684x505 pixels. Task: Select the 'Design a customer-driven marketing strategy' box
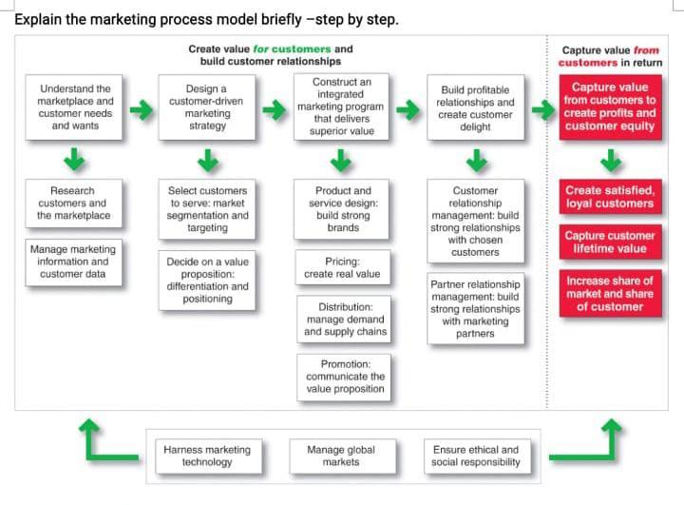[206, 107]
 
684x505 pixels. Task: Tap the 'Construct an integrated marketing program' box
[341, 107]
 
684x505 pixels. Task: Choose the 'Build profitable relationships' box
[475, 107]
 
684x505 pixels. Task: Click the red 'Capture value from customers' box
[609, 107]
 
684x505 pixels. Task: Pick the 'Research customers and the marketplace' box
[74, 203]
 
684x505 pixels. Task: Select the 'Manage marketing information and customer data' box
[74, 262]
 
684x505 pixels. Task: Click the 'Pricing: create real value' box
[341, 267]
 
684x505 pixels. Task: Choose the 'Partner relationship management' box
[475, 308]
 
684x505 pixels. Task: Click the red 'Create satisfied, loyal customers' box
[609, 197]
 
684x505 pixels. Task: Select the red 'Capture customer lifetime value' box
[609, 242]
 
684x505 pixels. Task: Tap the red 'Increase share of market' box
[609, 294]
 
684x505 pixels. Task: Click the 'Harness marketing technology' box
[206, 456]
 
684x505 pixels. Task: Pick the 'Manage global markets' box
[341, 456]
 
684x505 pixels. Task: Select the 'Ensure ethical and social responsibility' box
[475, 456]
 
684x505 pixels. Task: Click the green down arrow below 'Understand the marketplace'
[74, 156]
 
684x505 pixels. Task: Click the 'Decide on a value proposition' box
[206, 279]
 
